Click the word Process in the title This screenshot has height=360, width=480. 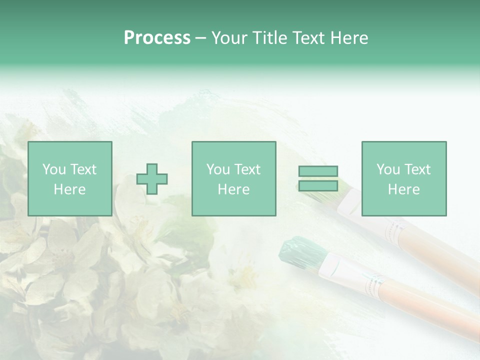157,38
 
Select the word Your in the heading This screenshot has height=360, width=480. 229,38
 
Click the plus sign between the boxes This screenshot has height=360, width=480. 152,178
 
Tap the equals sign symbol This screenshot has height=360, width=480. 318,178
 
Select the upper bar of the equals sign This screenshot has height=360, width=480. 318,171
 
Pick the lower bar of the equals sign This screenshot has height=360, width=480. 318,186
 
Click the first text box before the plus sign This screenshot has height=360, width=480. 70,178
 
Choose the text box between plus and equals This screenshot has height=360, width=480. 234,178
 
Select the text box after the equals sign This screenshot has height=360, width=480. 404,178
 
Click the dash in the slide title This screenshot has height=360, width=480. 201,38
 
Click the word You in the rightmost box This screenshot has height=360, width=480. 388,169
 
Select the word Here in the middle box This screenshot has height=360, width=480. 234,189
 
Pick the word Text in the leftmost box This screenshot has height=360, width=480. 83,169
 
